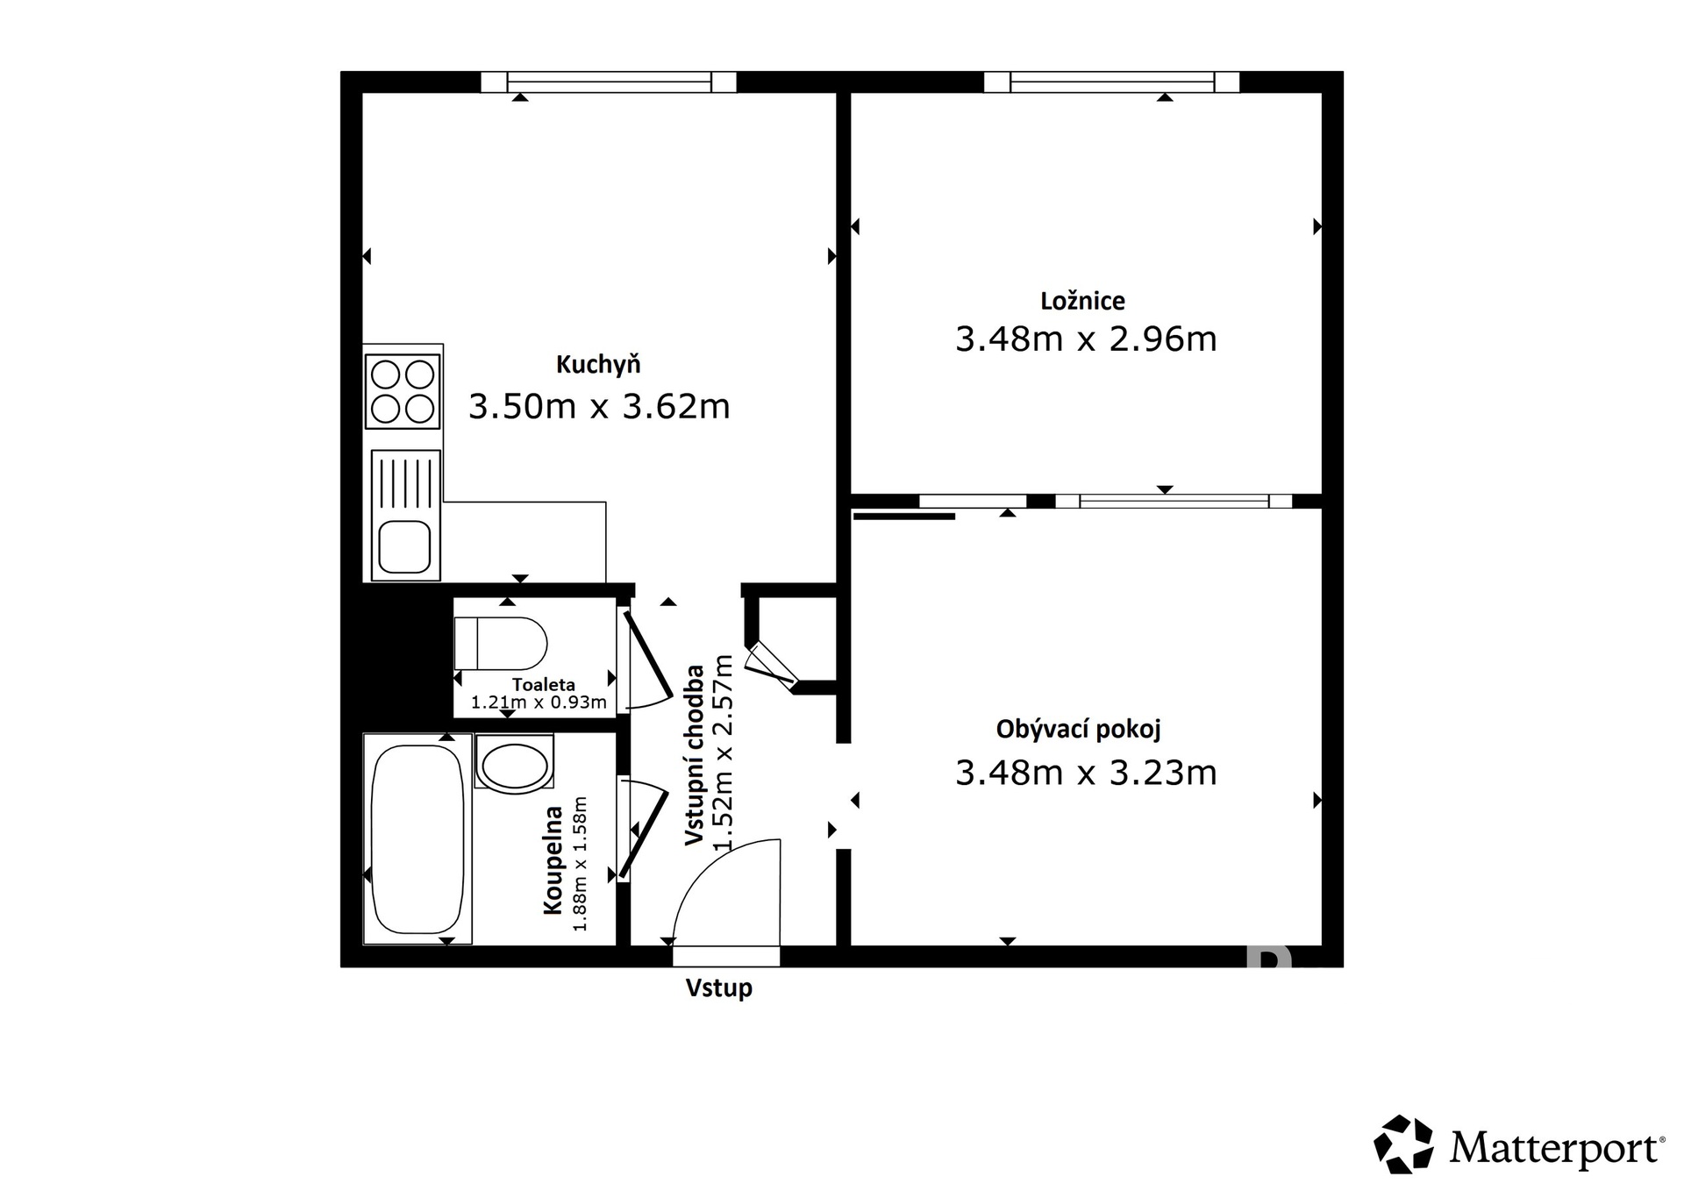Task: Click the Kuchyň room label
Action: click(x=598, y=365)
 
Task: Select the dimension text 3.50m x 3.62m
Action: click(x=598, y=407)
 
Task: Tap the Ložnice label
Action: click(x=1082, y=302)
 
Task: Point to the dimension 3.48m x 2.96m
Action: click(x=1085, y=339)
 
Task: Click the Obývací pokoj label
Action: click(x=1078, y=730)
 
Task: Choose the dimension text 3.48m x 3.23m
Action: click(x=1085, y=774)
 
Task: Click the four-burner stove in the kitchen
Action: click(x=403, y=391)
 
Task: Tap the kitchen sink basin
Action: click(x=404, y=546)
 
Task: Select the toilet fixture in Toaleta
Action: click(x=500, y=643)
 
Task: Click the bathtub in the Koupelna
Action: click(x=417, y=839)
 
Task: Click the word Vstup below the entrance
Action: click(x=718, y=988)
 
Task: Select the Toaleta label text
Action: click(x=544, y=685)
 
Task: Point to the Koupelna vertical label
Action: click(x=553, y=860)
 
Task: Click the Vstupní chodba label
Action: click(x=695, y=755)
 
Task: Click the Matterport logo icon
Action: click(x=1403, y=1145)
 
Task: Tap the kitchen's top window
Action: click(x=609, y=82)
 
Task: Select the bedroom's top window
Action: click(x=1111, y=82)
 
